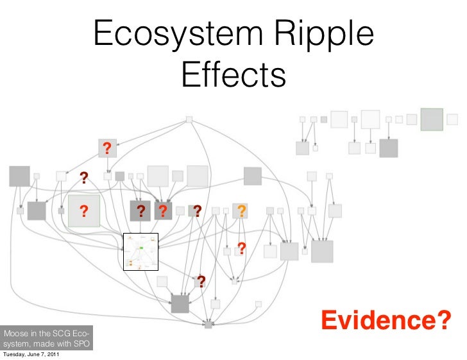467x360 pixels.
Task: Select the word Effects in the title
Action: pos(233,75)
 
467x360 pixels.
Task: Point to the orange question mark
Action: pos(241,211)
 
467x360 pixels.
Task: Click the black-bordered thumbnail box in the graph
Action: pos(140,253)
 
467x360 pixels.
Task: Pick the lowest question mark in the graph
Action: pos(201,281)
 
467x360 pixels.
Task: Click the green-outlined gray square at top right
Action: pos(431,119)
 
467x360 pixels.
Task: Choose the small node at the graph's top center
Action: pos(189,119)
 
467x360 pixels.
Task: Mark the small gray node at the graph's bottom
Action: pos(208,325)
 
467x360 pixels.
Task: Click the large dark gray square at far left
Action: pos(19,176)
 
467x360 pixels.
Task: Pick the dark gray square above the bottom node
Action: pos(180,304)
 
